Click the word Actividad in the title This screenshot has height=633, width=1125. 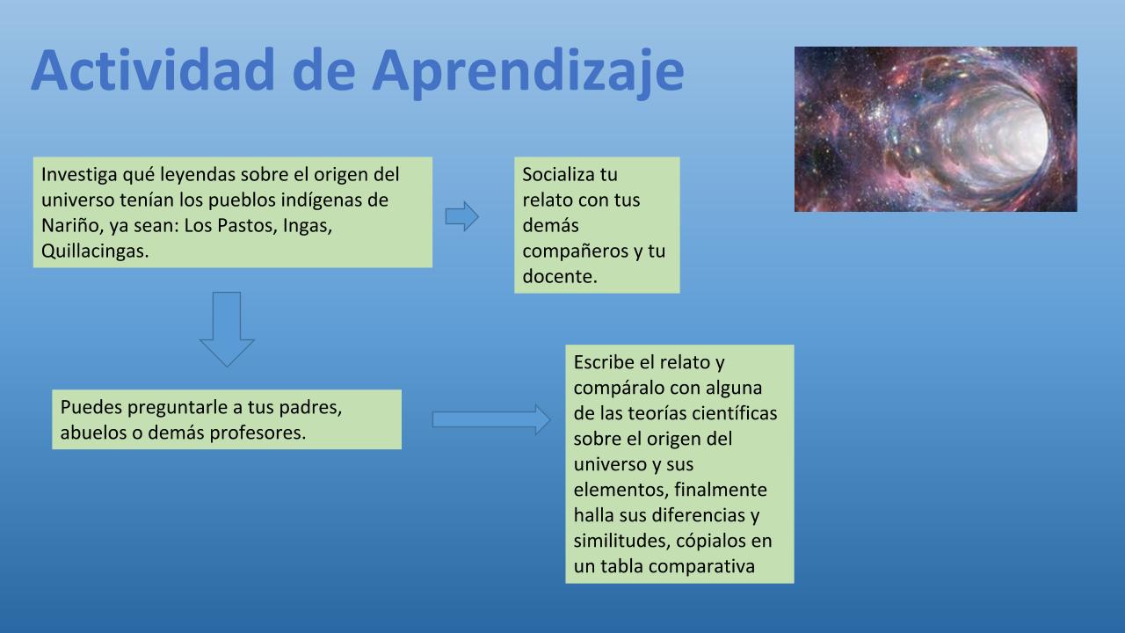(x=153, y=69)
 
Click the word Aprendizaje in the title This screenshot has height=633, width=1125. (x=528, y=73)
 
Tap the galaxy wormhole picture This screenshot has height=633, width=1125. (x=936, y=129)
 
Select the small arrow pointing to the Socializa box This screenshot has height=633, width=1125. (x=462, y=216)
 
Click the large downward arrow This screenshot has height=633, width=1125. (x=227, y=329)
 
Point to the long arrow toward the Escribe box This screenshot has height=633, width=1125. (x=491, y=419)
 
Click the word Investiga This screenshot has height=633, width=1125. (x=79, y=175)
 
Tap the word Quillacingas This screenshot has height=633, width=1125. (x=95, y=251)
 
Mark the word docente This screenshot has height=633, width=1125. (x=560, y=277)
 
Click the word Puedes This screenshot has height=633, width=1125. (x=91, y=407)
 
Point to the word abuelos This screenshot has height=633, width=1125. (x=93, y=433)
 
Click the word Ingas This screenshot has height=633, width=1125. (x=308, y=227)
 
